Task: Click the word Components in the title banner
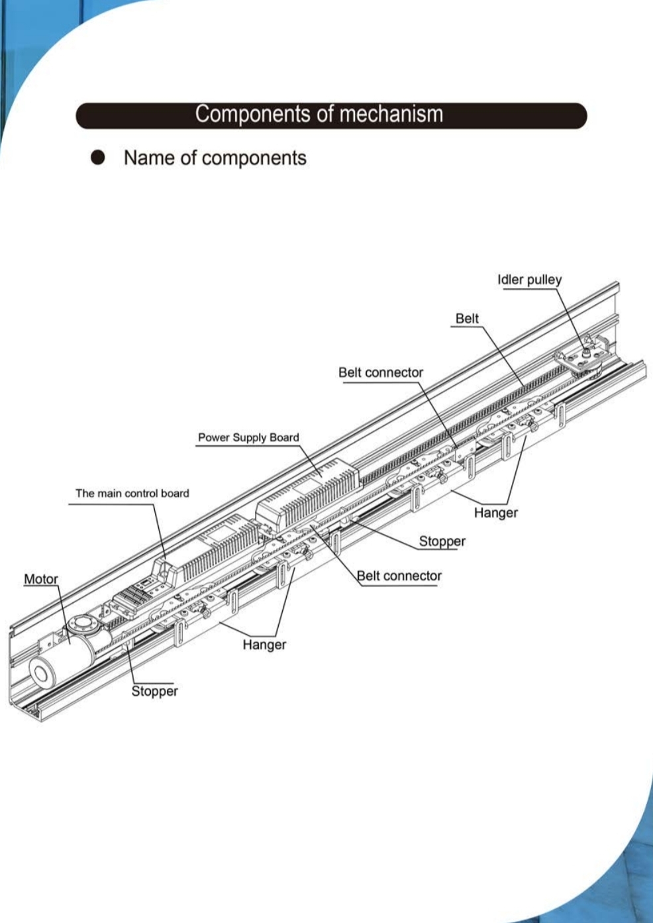point(253,114)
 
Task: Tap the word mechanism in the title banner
point(391,114)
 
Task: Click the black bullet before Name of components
point(97,158)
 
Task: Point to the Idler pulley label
point(529,280)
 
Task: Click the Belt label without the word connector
point(467,319)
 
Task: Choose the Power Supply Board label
point(248,437)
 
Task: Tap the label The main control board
point(132,493)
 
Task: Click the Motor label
point(41,579)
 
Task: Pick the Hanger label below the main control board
point(264,645)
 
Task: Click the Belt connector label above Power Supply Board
point(380,372)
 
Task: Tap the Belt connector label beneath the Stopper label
point(399,576)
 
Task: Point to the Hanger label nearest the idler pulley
point(496,513)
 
